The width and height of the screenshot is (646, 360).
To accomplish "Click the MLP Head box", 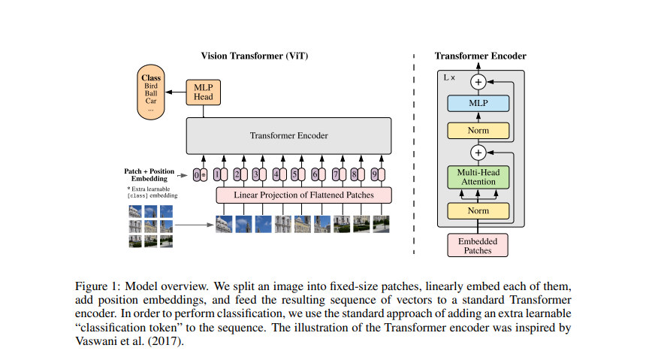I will coord(204,92).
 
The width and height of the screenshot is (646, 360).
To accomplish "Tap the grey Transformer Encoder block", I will coord(289,136).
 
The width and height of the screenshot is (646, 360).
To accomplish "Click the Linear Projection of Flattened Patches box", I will coord(304,195).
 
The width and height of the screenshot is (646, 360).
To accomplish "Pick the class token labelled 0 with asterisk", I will coord(198,174).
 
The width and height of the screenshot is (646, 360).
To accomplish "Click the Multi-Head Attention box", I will coord(478,177).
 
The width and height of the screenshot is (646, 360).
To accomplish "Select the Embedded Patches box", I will coord(478,245).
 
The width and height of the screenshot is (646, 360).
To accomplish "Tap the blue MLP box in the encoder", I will coord(478,104).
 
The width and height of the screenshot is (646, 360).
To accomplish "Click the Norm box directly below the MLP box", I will coord(478,130).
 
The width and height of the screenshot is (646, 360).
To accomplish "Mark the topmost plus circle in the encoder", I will coord(478,81).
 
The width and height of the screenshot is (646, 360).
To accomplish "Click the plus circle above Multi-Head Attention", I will coord(478,153).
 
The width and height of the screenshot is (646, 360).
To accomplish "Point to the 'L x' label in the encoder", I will coord(449,77).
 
